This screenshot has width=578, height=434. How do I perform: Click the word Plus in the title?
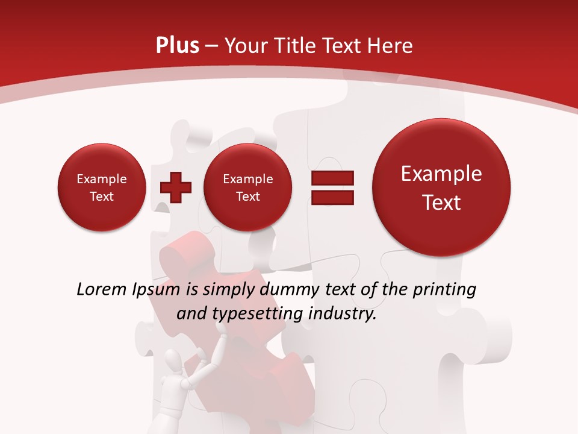click(x=177, y=46)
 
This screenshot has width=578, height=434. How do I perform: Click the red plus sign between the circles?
click(x=176, y=187)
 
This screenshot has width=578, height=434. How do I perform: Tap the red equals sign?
click(x=332, y=187)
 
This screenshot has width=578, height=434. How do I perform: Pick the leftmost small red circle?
click(x=101, y=187)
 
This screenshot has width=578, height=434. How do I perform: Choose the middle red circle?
click(x=247, y=187)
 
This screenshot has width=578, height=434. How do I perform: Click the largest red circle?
click(x=441, y=187)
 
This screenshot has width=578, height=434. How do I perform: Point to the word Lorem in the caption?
click(x=102, y=290)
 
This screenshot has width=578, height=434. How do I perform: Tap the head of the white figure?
click(x=173, y=363)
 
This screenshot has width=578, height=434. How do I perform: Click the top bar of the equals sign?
click(x=332, y=178)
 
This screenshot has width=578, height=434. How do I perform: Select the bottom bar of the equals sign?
click(x=332, y=197)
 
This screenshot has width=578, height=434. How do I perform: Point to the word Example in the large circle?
click(x=441, y=174)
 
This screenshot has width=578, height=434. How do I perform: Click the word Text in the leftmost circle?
click(x=101, y=197)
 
